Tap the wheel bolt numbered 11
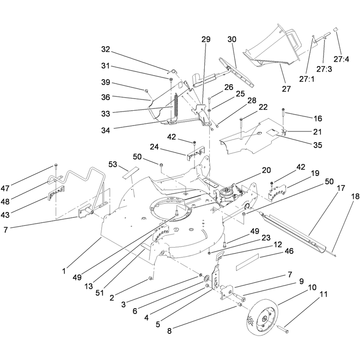pos(283,329)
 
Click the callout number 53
pos(113,164)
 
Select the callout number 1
pos(64,271)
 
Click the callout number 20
pos(266,170)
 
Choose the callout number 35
pos(318,145)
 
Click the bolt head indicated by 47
pos(56,165)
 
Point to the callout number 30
pos(232,39)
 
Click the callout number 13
pos(89,286)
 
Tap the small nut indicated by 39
pos(146,91)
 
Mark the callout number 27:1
pos(307,79)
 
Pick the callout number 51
pos(100,293)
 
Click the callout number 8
pos(170,331)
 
